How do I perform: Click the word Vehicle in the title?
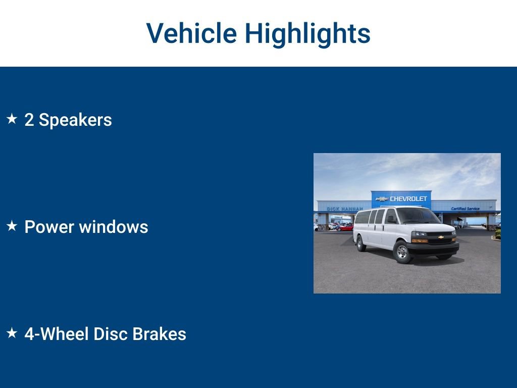pyautogui.click(x=191, y=33)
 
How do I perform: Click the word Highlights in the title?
pyautogui.click(x=307, y=33)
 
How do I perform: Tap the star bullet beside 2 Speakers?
pyautogui.click(x=12, y=119)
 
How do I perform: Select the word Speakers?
pyautogui.click(x=75, y=120)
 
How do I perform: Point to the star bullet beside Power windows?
pyautogui.click(x=12, y=226)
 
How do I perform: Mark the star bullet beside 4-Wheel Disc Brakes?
pyautogui.click(x=12, y=333)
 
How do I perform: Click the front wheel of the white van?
pyautogui.click(x=402, y=252)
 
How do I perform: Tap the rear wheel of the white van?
pyautogui.click(x=361, y=244)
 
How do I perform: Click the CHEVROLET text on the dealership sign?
pyautogui.click(x=408, y=199)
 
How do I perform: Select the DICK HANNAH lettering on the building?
pyautogui.click(x=344, y=209)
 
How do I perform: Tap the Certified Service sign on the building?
pyautogui.click(x=465, y=208)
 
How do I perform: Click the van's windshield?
pyautogui.click(x=419, y=216)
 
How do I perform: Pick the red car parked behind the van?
pyautogui.click(x=346, y=227)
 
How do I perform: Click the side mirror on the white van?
pyautogui.click(x=390, y=220)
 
